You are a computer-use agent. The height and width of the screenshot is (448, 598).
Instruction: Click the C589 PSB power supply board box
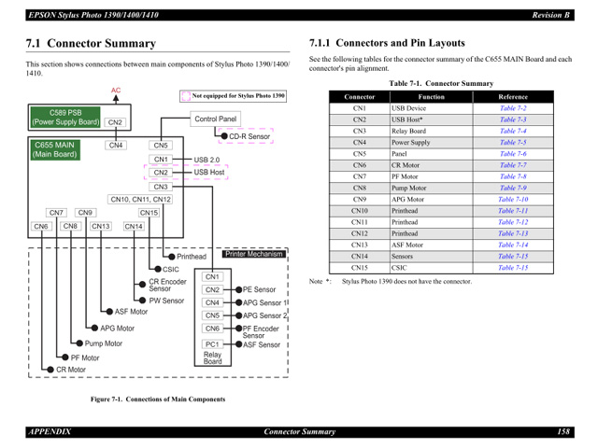click(x=65, y=118)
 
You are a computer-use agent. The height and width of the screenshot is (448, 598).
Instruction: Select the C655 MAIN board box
click(x=55, y=149)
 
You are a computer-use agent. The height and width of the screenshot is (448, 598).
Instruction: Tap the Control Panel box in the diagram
click(x=215, y=119)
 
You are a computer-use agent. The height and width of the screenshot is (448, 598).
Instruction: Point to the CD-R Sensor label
click(x=249, y=136)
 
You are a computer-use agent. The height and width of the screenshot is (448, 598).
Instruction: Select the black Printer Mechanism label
click(x=254, y=254)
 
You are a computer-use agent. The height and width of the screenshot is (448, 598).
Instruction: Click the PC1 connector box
click(x=212, y=344)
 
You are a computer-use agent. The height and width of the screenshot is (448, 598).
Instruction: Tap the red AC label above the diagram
click(x=116, y=91)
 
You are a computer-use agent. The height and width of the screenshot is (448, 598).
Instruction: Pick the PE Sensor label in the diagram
click(x=259, y=290)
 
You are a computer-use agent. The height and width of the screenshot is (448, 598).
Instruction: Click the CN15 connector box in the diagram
click(x=149, y=213)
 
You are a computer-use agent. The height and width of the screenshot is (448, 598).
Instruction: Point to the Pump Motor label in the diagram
click(x=104, y=343)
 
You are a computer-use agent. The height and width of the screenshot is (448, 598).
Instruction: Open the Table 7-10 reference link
click(x=513, y=199)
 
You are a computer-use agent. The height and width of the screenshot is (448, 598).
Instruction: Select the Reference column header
click(x=513, y=96)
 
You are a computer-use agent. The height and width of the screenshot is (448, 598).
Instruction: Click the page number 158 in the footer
click(x=563, y=430)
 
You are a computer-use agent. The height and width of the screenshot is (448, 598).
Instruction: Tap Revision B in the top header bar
click(x=551, y=14)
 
